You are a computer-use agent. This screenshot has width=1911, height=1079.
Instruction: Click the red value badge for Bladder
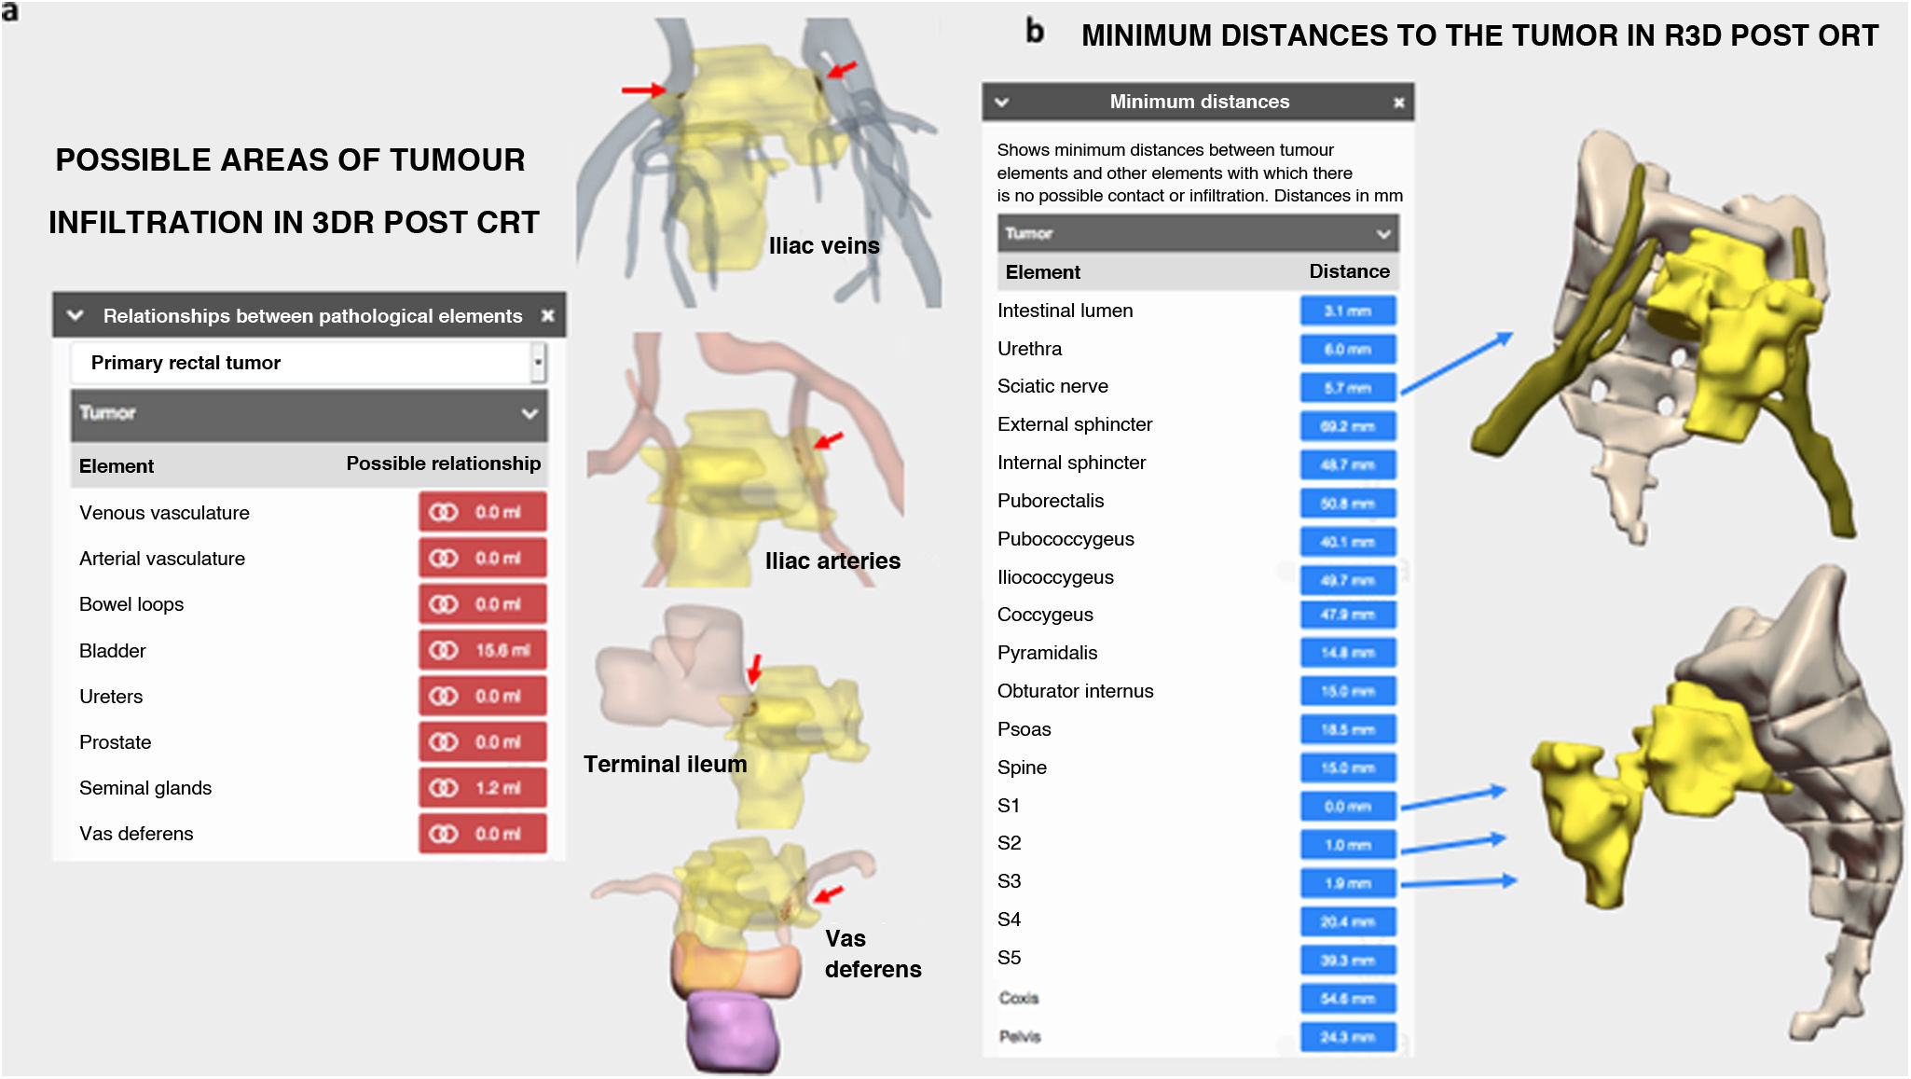click(x=482, y=650)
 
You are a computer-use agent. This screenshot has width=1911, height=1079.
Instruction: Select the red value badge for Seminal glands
click(x=482, y=788)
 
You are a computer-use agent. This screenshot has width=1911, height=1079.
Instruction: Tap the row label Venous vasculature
click(x=164, y=513)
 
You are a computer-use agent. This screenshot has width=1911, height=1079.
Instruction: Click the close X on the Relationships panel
click(x=548, y=316)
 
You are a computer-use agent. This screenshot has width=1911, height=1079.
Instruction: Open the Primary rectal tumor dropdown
click(x=538, y=363)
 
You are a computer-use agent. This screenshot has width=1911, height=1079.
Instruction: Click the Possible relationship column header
click(x=443, y=463)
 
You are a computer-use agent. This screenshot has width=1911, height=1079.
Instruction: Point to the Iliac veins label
click(x=824, y=246)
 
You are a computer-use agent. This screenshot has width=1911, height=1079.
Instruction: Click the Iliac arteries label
click(x=832, y=561)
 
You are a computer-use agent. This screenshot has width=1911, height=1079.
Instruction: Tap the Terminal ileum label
click(x=665, y=765)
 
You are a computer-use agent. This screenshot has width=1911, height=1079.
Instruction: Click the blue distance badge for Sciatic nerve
click(x=1348, y=388)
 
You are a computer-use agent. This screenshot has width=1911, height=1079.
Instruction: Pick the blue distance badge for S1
click(x=1348, y=807)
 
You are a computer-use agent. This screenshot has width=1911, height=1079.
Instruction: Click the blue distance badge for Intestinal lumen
click(x=1348, y=311)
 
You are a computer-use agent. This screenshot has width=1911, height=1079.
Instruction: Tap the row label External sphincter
click(x=1075, y=424)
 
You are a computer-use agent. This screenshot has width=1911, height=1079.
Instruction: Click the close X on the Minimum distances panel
click(x=1398, y=103)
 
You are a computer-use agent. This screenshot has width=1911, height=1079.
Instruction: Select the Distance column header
click(x=1349, y=271)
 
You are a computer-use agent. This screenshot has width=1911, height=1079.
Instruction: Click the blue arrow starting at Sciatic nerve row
click(x=1456, y=364)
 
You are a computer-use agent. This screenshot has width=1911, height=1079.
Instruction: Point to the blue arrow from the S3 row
click(x=1459, y=882)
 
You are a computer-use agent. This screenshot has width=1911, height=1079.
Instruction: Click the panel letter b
click(x=1035, y=32)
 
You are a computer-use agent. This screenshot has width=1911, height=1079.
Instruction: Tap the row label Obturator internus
click(x=1075, y=691)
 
